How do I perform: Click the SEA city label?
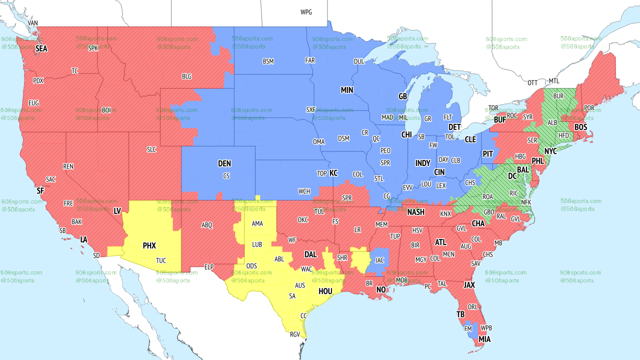[x=41, y=49]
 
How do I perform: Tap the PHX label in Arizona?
[x=149, y=246]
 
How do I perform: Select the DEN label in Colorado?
[x=224, y=163]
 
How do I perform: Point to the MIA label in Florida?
[x=484, y=339]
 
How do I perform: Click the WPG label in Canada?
[x=306, y=12]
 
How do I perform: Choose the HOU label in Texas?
[x=325, y=291]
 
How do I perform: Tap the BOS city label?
[x=580, y=127]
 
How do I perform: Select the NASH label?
[x=415, y=212]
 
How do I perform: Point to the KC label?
[x=333, y=173]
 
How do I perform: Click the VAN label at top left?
[x=33, y=23]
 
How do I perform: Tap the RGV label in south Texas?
[x=295, y=334]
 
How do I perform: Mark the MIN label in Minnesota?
[x=347, y=90]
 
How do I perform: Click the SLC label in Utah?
[x=151, y=149]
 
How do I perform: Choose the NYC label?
[x=550, y=151]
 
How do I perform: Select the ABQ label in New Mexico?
[x=207, y=225]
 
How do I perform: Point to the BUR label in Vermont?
[x=558, y=95]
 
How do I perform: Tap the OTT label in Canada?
[x=532, y=82]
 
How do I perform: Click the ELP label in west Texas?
[x=209, y=267]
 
